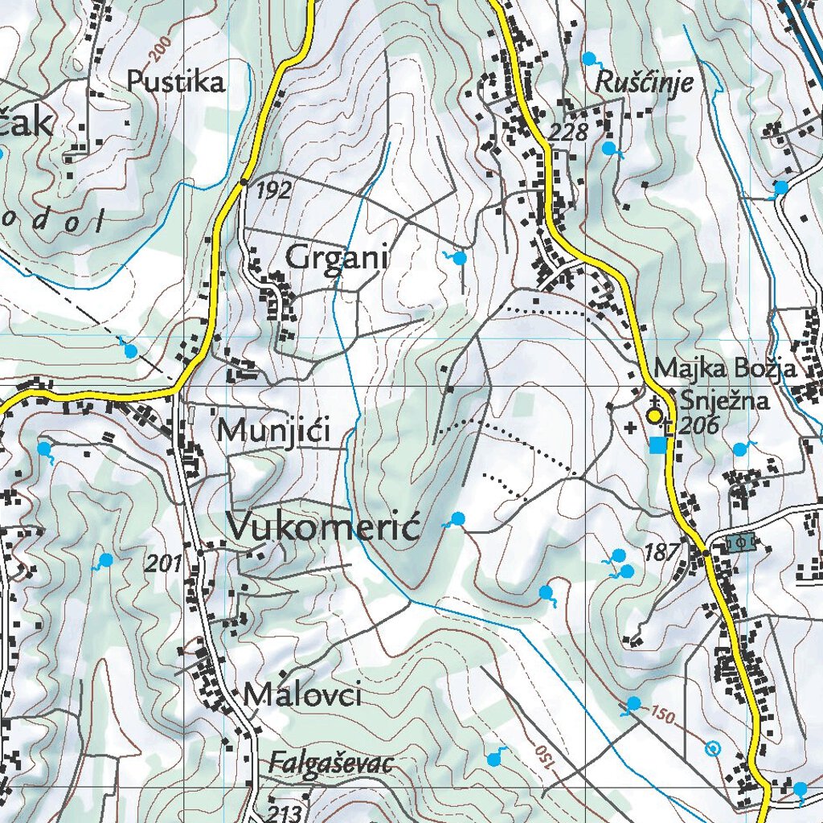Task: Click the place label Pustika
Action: (175, 82)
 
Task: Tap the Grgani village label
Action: (337, 259)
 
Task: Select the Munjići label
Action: (274, 431)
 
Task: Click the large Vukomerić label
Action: (324, 527)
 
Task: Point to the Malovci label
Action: (302, 695)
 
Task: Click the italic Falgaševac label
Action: (331, 763)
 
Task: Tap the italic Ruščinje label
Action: (644, 84)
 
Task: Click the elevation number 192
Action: (275, 191)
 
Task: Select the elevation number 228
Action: (570, 132)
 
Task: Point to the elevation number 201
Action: (164, 564)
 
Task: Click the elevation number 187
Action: (661, 551)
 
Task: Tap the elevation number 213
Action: (285, 812)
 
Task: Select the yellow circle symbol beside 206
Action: (654, 416)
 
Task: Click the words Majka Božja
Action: (725, 369)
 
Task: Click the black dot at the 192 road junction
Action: (244, 183)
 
